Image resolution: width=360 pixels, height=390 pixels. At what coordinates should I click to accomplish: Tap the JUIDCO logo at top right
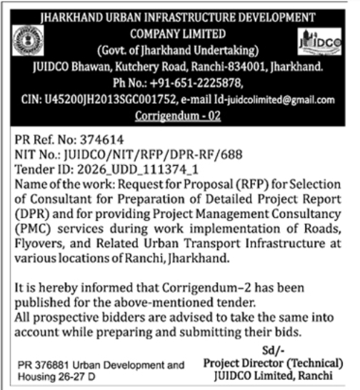[x=321, y=43]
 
